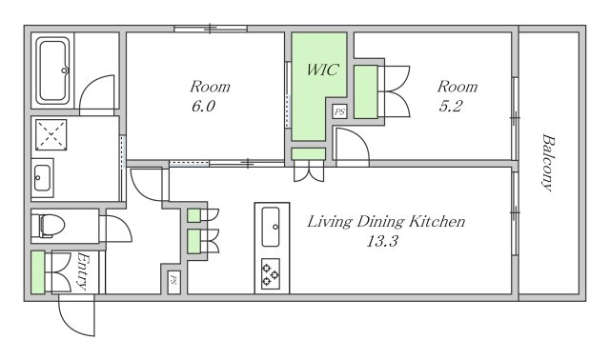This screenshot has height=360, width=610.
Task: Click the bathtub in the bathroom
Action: point(53,70)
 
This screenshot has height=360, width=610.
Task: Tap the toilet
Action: point(51,226)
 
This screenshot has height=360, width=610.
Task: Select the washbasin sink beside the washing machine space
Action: point(42,178)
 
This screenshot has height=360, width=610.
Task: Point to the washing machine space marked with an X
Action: point(51,134)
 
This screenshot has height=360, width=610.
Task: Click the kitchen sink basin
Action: point(271,227)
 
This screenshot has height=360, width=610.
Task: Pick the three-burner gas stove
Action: point(271,273)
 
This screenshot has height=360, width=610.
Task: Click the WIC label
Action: point(322,70)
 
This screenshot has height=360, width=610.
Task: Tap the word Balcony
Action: point(548,163)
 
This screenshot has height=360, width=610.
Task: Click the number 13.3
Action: point(382,241)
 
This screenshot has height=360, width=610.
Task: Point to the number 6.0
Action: point(203,106)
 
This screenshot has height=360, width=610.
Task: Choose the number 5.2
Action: point(450,106)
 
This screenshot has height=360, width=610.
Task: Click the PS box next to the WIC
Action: point(339,111)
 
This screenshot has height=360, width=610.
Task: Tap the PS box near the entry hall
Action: point(173,280)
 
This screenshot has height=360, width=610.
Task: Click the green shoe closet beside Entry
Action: point(38,271)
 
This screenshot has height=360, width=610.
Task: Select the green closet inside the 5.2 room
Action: point(366,91)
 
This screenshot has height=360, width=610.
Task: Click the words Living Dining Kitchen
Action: point(386,222)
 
